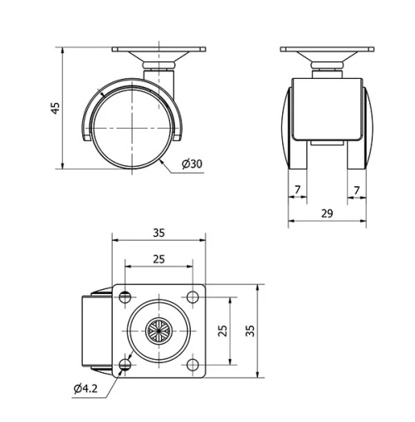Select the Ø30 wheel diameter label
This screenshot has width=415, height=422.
coord(191,164)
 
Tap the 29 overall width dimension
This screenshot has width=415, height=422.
coord(326,213)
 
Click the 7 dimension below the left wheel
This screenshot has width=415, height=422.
coord(297,190)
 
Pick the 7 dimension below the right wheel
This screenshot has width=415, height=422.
coord(357,190)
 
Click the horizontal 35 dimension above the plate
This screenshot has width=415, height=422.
coord(158,233)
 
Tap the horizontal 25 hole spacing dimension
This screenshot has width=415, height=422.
coord(158,258)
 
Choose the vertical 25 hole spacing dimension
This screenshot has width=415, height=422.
coord(222,330)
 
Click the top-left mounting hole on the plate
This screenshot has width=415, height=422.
coord(124,297)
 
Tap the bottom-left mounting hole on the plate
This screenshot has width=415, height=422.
coord(124,364)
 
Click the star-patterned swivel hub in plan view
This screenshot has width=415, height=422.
coord(158,331)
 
